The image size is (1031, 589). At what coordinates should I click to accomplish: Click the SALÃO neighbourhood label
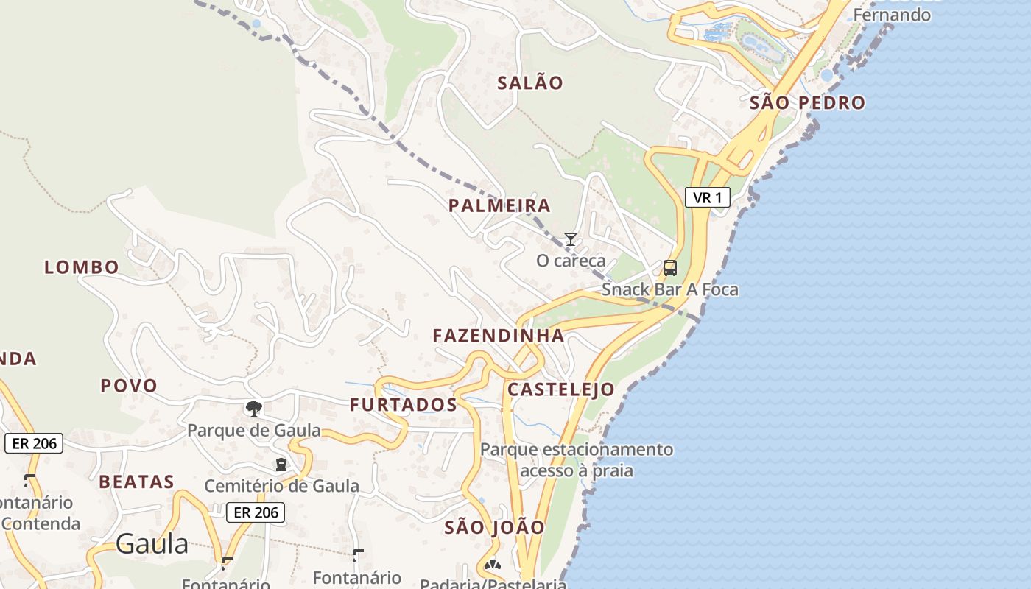(x=529, y=83)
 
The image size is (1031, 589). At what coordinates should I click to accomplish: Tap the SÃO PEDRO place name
(x=807, y=103)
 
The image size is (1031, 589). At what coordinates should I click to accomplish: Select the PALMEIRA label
(x=499, y=206)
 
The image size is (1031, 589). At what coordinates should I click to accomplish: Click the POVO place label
(x=129, y=386)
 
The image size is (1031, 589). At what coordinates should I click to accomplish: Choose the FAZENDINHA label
(x=499, y=336)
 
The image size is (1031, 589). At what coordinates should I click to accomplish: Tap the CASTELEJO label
(x=561, y=390)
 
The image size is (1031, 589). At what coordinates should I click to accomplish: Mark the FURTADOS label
(x=404, y=405)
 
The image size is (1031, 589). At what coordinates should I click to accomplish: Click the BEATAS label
(x=137, y=482)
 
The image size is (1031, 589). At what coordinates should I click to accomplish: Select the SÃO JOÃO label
(x=495, y=528)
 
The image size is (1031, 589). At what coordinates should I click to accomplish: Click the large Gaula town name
(x=152, y=545)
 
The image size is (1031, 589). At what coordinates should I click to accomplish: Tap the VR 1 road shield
(x=707, y=197)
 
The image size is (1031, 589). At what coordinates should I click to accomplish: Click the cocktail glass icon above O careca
(x=570, y=239)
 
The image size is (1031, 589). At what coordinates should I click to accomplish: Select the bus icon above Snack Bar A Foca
(x=669, y=268)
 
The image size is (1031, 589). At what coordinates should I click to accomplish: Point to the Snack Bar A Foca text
(x=669, y=290)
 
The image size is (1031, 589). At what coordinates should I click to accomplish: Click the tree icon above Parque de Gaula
(x=254, y=408)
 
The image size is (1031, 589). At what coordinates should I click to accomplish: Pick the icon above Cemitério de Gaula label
(x=281, y=465)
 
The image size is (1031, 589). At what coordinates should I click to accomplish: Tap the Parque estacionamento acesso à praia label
(x=577, y=459)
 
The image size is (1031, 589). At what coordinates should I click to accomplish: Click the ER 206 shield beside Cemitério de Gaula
(x=255, y=512)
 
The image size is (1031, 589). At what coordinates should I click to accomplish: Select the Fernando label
(x=891, y=15)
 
